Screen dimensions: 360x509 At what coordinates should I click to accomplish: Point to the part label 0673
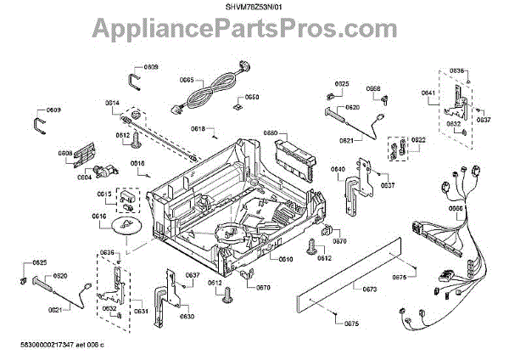point(369,290)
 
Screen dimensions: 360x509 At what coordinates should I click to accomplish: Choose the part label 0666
point(455,208)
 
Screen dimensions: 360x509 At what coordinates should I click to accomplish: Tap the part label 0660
point(271,133)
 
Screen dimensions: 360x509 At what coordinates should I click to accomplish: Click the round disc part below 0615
point(126,227)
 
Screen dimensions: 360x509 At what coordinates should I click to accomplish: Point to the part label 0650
point(252,97)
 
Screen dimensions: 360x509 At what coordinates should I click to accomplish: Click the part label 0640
point(338,169)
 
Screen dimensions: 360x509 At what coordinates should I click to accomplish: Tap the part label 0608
point(65,154)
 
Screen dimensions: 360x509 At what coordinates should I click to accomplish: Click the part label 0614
point(113,103)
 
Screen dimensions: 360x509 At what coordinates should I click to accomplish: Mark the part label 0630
point(187,316)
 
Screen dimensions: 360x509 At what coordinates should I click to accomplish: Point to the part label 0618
point(198,129)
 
